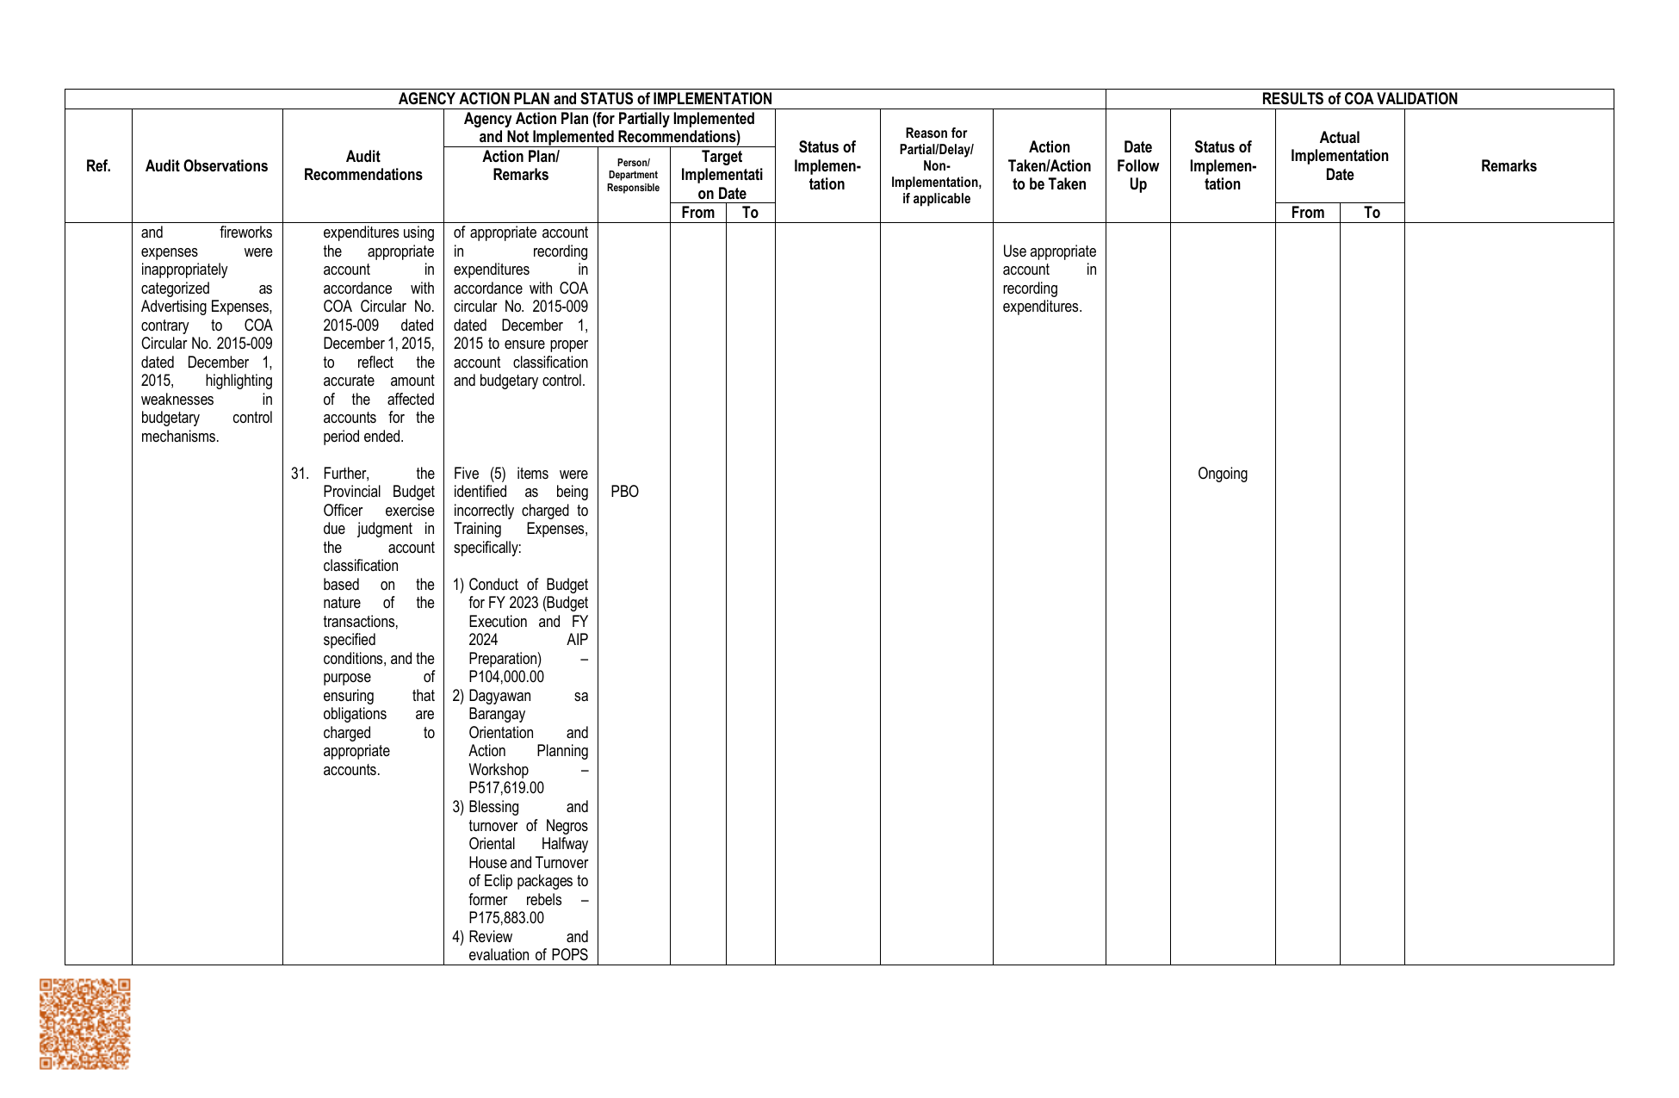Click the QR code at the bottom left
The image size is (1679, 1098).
(84, 1023)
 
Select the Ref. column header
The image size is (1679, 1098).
(98, 166)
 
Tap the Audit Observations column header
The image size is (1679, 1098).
(207, 166)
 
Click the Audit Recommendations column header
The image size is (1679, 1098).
(362, 166)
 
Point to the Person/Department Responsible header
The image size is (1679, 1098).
(633, 175)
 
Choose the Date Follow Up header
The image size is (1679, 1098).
(1137, 166)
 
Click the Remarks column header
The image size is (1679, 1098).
(1509, 166)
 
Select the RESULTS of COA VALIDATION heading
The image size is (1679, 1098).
(1359, 99)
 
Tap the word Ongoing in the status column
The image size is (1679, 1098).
(1222, 474)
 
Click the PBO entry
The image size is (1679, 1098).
(624, 492)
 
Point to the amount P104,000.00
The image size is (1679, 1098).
(506, 677)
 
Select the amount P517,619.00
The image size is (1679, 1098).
(506, 788)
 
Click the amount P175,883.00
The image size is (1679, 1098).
(506, 918)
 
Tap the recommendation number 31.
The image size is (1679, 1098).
(300, 474)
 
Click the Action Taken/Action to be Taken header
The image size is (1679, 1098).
(1049, 166)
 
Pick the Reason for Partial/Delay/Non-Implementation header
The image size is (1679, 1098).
(936, 166)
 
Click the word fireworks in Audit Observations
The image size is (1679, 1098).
(245, 233)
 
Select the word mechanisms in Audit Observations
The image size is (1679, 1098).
(180, 437)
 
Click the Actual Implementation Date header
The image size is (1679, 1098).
(1339, 156)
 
